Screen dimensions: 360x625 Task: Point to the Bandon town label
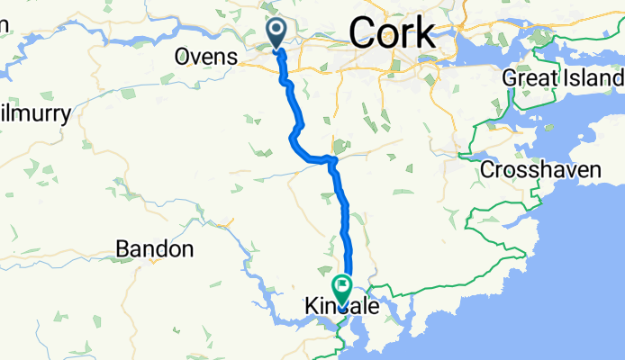(x=156, y=248)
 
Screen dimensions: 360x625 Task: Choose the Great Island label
(x=562, y=78)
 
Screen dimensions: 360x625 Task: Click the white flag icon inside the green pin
(x=342, y=287)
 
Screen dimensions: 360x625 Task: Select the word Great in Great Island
(x=529, y=78)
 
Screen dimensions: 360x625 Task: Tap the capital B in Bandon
(x=124, y=248)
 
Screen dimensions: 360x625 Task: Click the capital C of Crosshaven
(x=487, y=169)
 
